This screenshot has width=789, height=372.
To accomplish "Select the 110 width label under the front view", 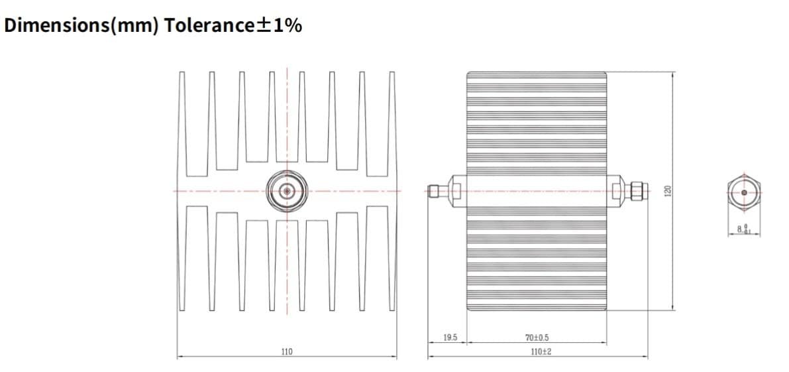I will click(x=286, y=351).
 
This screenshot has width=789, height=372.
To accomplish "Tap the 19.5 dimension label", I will click(x=450, y=338).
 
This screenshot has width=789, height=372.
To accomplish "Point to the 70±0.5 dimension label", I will click(x=537, y=338).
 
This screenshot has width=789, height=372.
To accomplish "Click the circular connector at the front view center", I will click(x=287, y=192).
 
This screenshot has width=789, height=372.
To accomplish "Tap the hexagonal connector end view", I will click(x=744, y=192).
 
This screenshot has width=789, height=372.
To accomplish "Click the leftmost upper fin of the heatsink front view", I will click(x=183, y=119).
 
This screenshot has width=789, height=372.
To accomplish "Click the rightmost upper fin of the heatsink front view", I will click(x=391, y=119).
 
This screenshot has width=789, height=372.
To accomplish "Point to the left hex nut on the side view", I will click(x=456, y=191).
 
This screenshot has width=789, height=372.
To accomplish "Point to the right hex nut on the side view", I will click(x=617, y=191).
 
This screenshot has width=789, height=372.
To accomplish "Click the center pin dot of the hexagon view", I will click(x=744, y=192).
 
